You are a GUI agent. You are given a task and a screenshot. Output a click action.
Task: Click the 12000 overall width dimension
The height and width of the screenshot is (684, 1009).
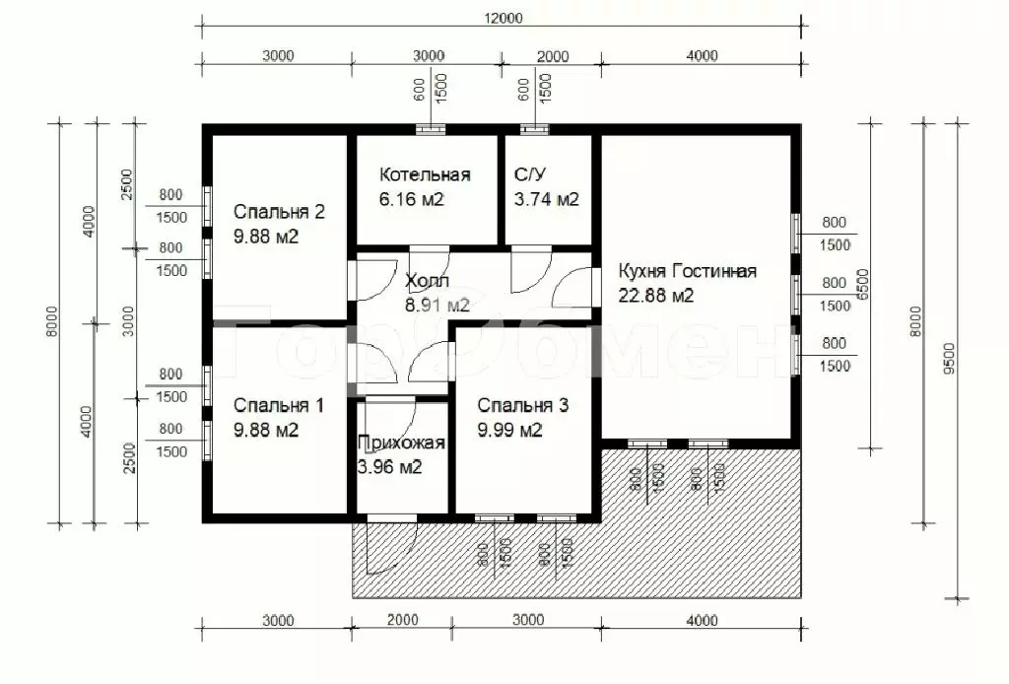pos(504,18)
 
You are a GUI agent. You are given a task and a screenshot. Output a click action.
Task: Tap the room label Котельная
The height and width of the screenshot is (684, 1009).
pos(425,174)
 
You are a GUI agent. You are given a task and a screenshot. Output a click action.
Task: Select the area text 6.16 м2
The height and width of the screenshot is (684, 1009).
pos(411,199)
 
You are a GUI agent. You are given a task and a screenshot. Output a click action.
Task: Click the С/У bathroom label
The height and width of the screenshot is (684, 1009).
pos(530,174)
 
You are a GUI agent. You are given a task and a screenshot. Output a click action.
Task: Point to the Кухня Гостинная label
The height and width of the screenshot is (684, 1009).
pos(687,271)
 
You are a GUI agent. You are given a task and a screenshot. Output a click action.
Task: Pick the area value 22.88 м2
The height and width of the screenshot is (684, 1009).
pos(655,296)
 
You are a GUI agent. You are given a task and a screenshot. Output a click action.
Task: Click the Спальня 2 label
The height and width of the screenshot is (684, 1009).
pos(279,212)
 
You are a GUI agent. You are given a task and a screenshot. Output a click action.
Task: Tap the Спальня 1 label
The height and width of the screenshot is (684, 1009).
pos(278,405)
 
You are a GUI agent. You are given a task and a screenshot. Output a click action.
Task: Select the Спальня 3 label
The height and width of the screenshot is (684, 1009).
pos(522,405)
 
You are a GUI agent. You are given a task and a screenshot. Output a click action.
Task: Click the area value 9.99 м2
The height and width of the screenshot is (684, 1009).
pos(509,429)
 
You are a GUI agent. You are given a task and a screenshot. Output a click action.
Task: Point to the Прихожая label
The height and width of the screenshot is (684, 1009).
pos(401,443)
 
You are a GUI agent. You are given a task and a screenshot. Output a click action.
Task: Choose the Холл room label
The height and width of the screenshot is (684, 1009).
pos(427,281)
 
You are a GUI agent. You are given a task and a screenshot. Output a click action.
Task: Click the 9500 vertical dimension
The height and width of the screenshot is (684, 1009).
pos(949,359)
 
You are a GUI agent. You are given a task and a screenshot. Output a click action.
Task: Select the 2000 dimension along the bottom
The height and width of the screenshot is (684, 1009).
pos(403,620)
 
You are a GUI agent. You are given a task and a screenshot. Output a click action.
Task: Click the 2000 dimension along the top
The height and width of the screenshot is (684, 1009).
pos(553,56)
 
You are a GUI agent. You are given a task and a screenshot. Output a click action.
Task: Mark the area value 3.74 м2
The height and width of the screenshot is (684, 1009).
pos(546,199)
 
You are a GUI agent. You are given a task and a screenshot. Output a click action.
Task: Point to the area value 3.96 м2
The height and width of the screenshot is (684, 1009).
pos(389,466)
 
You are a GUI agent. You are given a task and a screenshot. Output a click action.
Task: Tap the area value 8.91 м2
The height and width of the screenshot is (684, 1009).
pos(437,305)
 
